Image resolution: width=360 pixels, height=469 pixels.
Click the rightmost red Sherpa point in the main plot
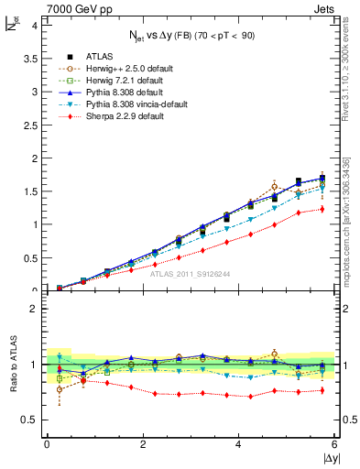click(x=322, y=209)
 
